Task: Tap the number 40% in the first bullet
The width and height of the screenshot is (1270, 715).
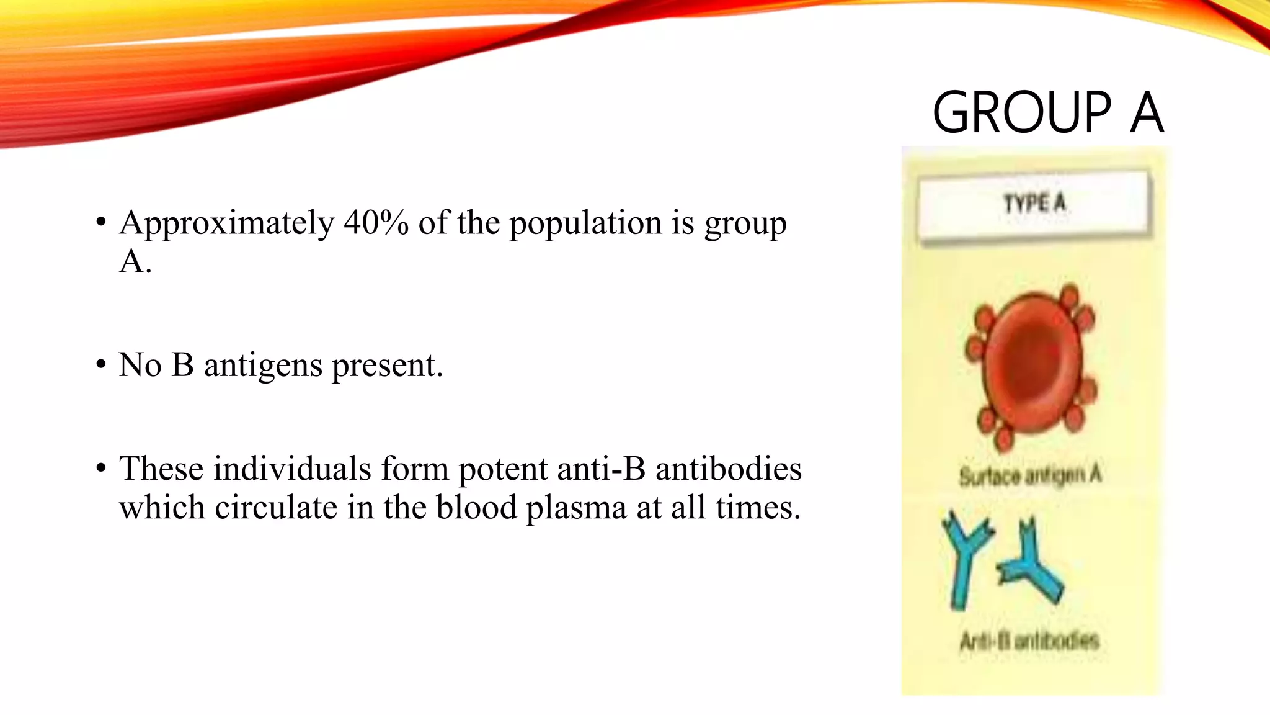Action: (x=376, y=222)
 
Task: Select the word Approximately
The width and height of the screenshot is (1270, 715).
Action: (x=227, y=223)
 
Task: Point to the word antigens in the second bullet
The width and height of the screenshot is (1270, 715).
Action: (x=264, y=365)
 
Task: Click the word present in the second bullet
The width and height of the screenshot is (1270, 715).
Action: (x=386, y=365)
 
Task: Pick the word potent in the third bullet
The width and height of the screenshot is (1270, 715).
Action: (x=503, y=469)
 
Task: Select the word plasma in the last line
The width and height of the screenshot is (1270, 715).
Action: (x=576, y=508)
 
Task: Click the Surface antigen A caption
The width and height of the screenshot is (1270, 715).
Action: (x=1030, y=476)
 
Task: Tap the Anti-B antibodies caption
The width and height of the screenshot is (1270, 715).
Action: (x=1029, y=640)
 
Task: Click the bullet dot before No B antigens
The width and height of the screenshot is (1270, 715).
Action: (x=101, y=365)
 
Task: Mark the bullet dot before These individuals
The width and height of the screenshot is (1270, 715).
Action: (x=101, y=469)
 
